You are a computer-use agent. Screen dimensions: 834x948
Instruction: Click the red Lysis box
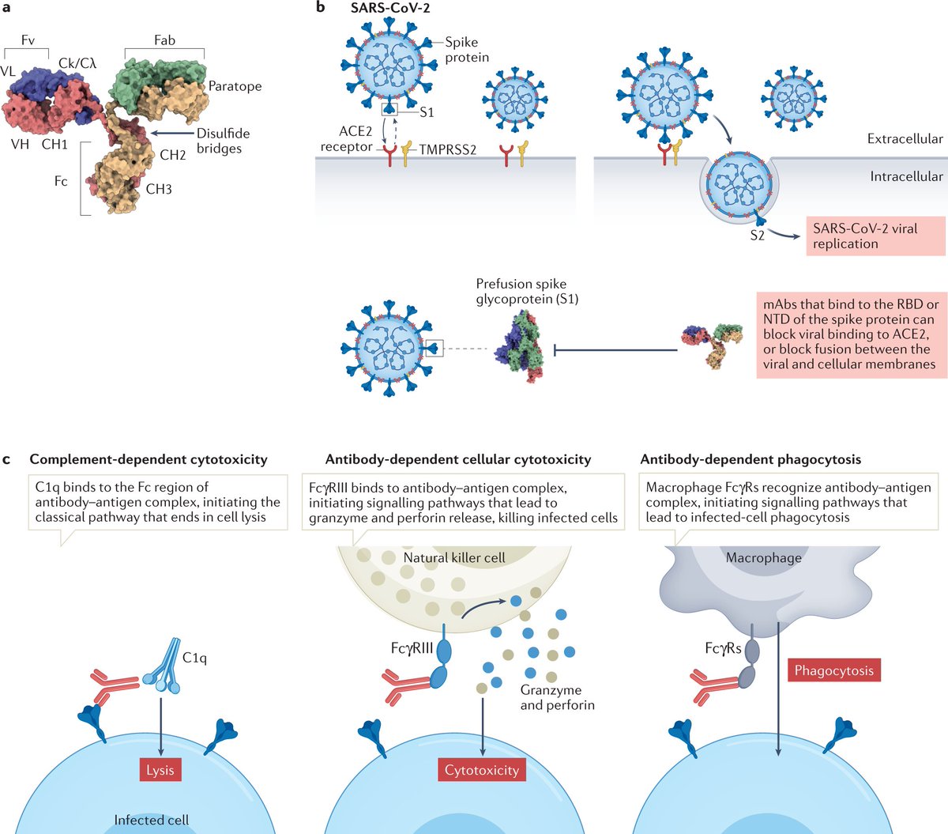click(x=160, y=769)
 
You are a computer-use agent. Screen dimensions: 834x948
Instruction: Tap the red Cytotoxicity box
click(x=481, y=769)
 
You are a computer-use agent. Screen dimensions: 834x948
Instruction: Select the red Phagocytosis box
click(x=833, y=670)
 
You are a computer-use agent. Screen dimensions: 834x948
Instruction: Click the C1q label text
click(x=194, y=658)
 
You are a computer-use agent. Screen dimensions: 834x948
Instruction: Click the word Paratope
click(x=235, y=86)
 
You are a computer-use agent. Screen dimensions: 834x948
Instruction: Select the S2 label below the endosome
click(x=758, y=235)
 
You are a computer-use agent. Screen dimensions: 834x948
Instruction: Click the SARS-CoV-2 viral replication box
click(x=875, y=236)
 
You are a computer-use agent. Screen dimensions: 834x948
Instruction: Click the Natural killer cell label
click(x=454, y=557)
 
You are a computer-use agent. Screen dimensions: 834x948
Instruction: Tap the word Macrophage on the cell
click(x=763, y=557)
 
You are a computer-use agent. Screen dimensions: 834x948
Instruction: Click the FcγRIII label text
click(x=412, y=648)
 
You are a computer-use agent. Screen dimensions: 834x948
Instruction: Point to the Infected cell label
click(x=151, y=820)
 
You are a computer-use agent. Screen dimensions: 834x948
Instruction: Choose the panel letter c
click(x=8, y=459)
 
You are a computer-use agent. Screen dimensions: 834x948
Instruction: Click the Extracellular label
click(x=905, y=138)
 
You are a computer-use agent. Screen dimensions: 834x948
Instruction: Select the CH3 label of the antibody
click(x=159, y=189)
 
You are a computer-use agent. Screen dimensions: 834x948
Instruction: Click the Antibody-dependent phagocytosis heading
click(x=750, y=459)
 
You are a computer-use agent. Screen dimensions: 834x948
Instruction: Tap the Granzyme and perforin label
click(x=557, y=697)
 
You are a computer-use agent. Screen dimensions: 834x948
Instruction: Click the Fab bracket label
click(x=164, y=40)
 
